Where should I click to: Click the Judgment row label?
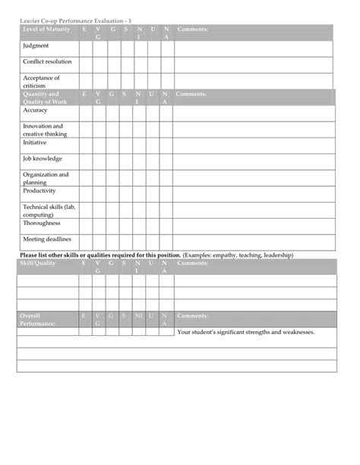click(x=36, y=46)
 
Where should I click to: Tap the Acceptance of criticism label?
click(x=41, y=81)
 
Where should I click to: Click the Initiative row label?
click(x=36, y=142)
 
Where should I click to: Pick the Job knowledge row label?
click(x=43, y=159)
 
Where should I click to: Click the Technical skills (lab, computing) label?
click(x=49, y=211)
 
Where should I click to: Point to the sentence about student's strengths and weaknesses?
click(x=245, y=332)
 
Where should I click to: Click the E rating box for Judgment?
click(x=85, y=48)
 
